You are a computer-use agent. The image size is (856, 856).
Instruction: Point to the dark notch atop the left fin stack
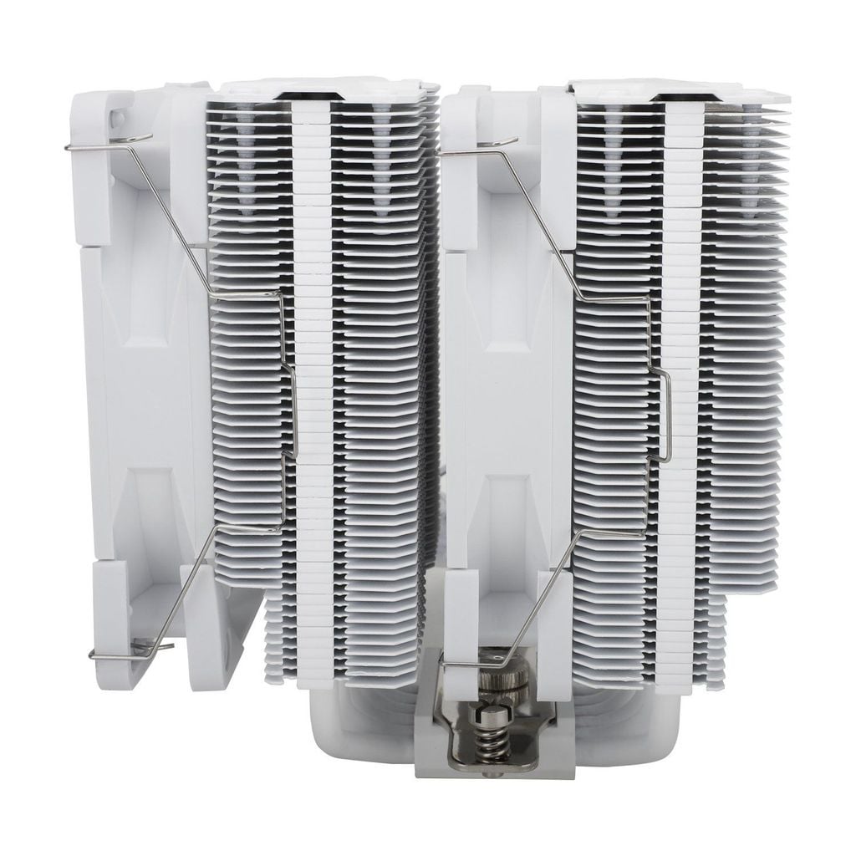click(313, 98)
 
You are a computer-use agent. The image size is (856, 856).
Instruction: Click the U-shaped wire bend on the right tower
click(665, 418)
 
